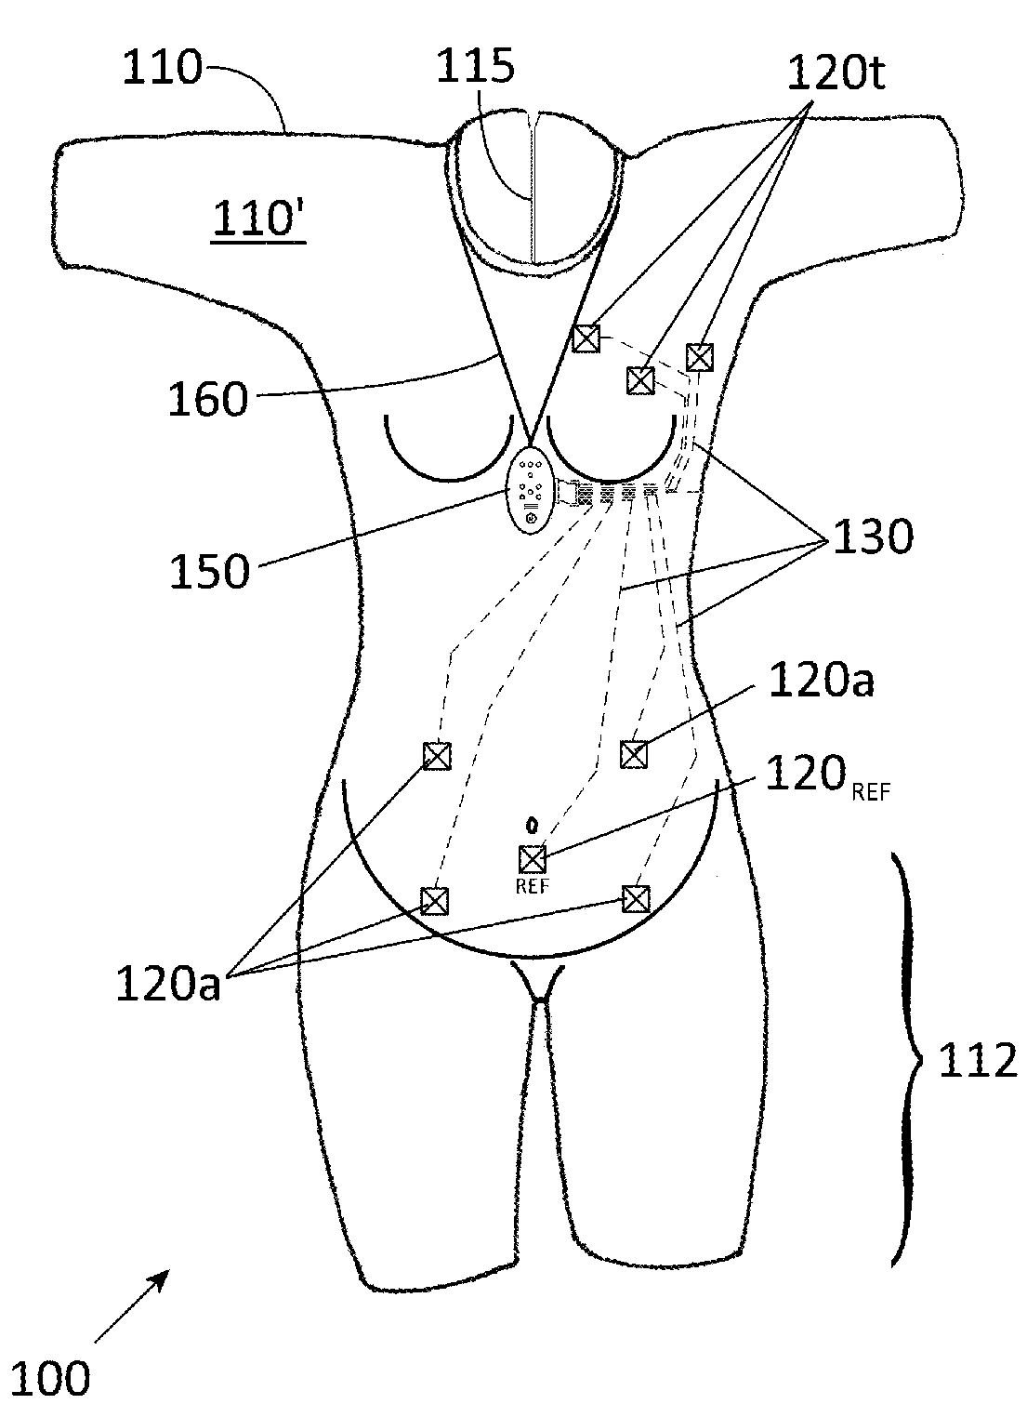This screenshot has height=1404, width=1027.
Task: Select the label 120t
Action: point(836,70)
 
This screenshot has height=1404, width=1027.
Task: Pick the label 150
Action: point(209,570)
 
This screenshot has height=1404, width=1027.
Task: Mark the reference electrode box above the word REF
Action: point(533,858)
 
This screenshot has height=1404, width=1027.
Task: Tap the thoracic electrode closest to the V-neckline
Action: point(586,338)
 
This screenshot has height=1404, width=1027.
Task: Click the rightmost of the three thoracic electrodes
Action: point(700,356)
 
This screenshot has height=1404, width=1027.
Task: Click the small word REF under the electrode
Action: point(533,885)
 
